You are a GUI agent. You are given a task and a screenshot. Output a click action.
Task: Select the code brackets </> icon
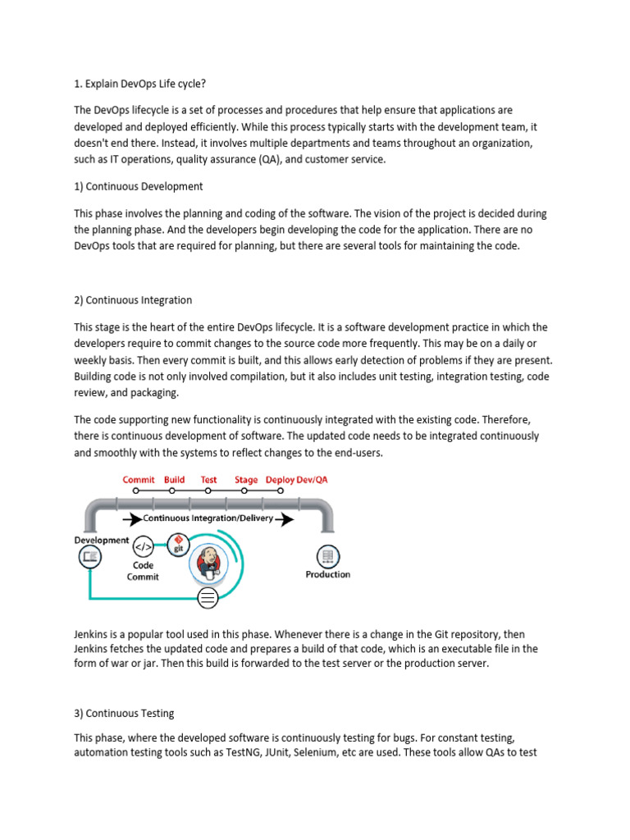click(x=143, y=546)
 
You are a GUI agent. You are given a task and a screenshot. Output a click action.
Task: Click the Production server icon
click(x=327, y=557)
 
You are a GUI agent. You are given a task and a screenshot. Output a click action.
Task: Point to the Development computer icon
click(x=89, y=557)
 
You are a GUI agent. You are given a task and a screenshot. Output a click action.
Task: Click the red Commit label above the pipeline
click(x=139, y=480)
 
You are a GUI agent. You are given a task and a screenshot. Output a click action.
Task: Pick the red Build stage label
click(x=174, y=480)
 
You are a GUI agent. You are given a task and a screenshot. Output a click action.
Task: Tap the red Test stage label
click(x=208, y=480)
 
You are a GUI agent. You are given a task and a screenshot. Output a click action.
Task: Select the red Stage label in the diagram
click(x=245, y=480)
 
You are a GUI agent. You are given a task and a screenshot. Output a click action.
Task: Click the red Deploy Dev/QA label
click(x=296, y=480)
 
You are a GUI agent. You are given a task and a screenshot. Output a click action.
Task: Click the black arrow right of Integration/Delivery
click(x=285, y=519)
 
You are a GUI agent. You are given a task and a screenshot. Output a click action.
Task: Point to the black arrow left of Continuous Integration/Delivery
click(x=131, y=519)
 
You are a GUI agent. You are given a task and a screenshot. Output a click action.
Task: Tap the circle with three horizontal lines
click(x=208, y=598)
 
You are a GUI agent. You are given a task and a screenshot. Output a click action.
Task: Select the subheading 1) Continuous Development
click(x=139, y=186)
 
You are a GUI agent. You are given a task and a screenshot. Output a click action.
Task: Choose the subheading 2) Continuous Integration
click(x=133, y=300)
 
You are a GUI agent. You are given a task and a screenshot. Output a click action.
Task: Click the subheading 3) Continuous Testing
click(x=124, y=713)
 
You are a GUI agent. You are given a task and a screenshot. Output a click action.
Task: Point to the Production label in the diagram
click(x=327, y=574)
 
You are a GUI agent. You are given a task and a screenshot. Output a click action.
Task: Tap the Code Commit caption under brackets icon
click(x=143, y=571)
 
